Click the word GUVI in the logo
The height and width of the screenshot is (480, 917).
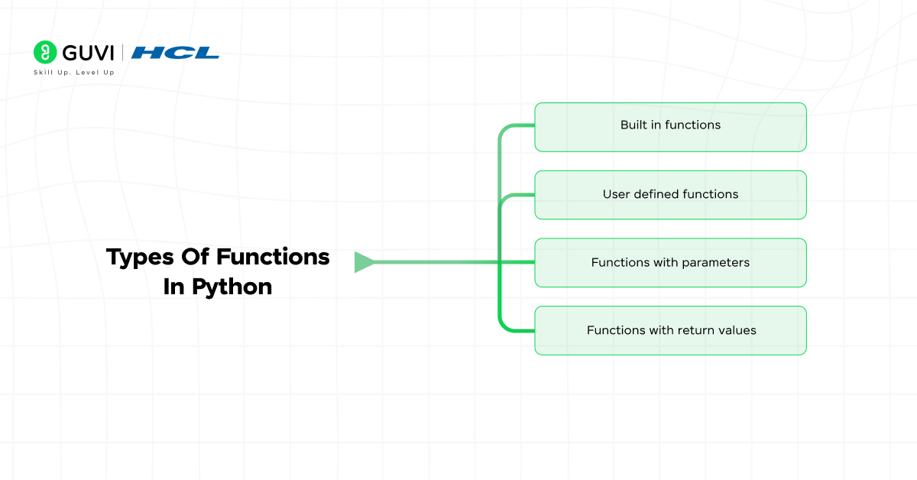[86, 52]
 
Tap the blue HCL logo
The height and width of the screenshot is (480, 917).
[175, 53]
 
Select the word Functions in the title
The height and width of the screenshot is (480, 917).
[273, 257]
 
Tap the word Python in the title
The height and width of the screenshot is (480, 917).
[232, 287]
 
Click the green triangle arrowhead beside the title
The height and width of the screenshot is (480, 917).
[364, 262]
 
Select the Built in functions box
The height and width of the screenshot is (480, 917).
[670, 127]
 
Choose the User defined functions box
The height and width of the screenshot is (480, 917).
[670, 195]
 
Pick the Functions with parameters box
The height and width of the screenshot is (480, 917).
[670, 263]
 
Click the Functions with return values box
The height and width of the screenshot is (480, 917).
[670, 330]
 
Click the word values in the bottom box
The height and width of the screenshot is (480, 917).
[736, 330]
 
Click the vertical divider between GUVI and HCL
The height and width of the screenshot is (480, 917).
[122, 53]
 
